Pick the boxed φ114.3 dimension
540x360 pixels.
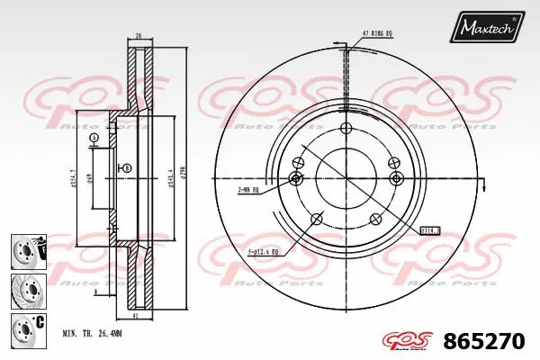[430, 229]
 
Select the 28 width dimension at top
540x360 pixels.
[139, 36]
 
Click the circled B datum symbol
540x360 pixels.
[126, 169]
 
